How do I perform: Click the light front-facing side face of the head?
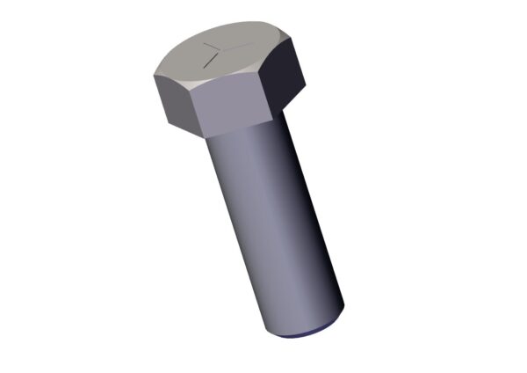232,108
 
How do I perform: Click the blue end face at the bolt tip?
303,333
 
